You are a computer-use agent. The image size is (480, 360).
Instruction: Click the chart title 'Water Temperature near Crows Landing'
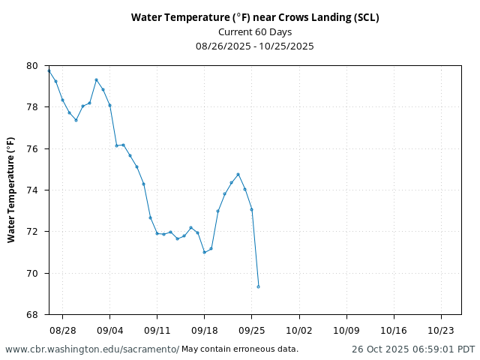[255, 17]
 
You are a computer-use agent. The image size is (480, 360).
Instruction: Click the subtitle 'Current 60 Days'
[255, 31]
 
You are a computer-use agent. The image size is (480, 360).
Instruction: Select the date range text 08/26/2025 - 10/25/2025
[255, 46]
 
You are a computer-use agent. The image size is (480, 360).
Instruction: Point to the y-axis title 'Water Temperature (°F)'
[11, 190]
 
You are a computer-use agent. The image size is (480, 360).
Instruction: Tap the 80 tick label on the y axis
[31, 66]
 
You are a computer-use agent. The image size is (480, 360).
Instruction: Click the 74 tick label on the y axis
[31, 190]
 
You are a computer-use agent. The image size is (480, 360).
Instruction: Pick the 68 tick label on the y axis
[31, 314]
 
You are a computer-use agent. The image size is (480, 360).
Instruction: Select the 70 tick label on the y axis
[31, 273]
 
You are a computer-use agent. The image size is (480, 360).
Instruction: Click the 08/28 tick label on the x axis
[62, 329]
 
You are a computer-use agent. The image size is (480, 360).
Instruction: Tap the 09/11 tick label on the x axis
[157, 329]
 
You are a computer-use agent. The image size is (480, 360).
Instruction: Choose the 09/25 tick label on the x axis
[251, 329]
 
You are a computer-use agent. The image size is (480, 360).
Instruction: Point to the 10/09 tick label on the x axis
[346, 329]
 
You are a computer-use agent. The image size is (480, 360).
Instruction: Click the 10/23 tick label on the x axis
[441, 329]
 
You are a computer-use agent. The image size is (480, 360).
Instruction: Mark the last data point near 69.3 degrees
[258, 286]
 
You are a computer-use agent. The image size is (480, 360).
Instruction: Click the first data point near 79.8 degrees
[49, 70]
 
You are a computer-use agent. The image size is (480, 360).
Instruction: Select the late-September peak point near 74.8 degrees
[238, 174]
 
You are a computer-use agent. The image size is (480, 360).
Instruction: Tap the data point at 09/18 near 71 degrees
[204, 252]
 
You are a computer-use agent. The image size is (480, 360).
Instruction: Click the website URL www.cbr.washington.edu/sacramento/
[92, 349]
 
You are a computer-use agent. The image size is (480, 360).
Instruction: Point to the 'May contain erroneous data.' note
[240, 349]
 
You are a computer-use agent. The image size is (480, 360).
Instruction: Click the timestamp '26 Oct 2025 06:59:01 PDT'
[413, 349]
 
